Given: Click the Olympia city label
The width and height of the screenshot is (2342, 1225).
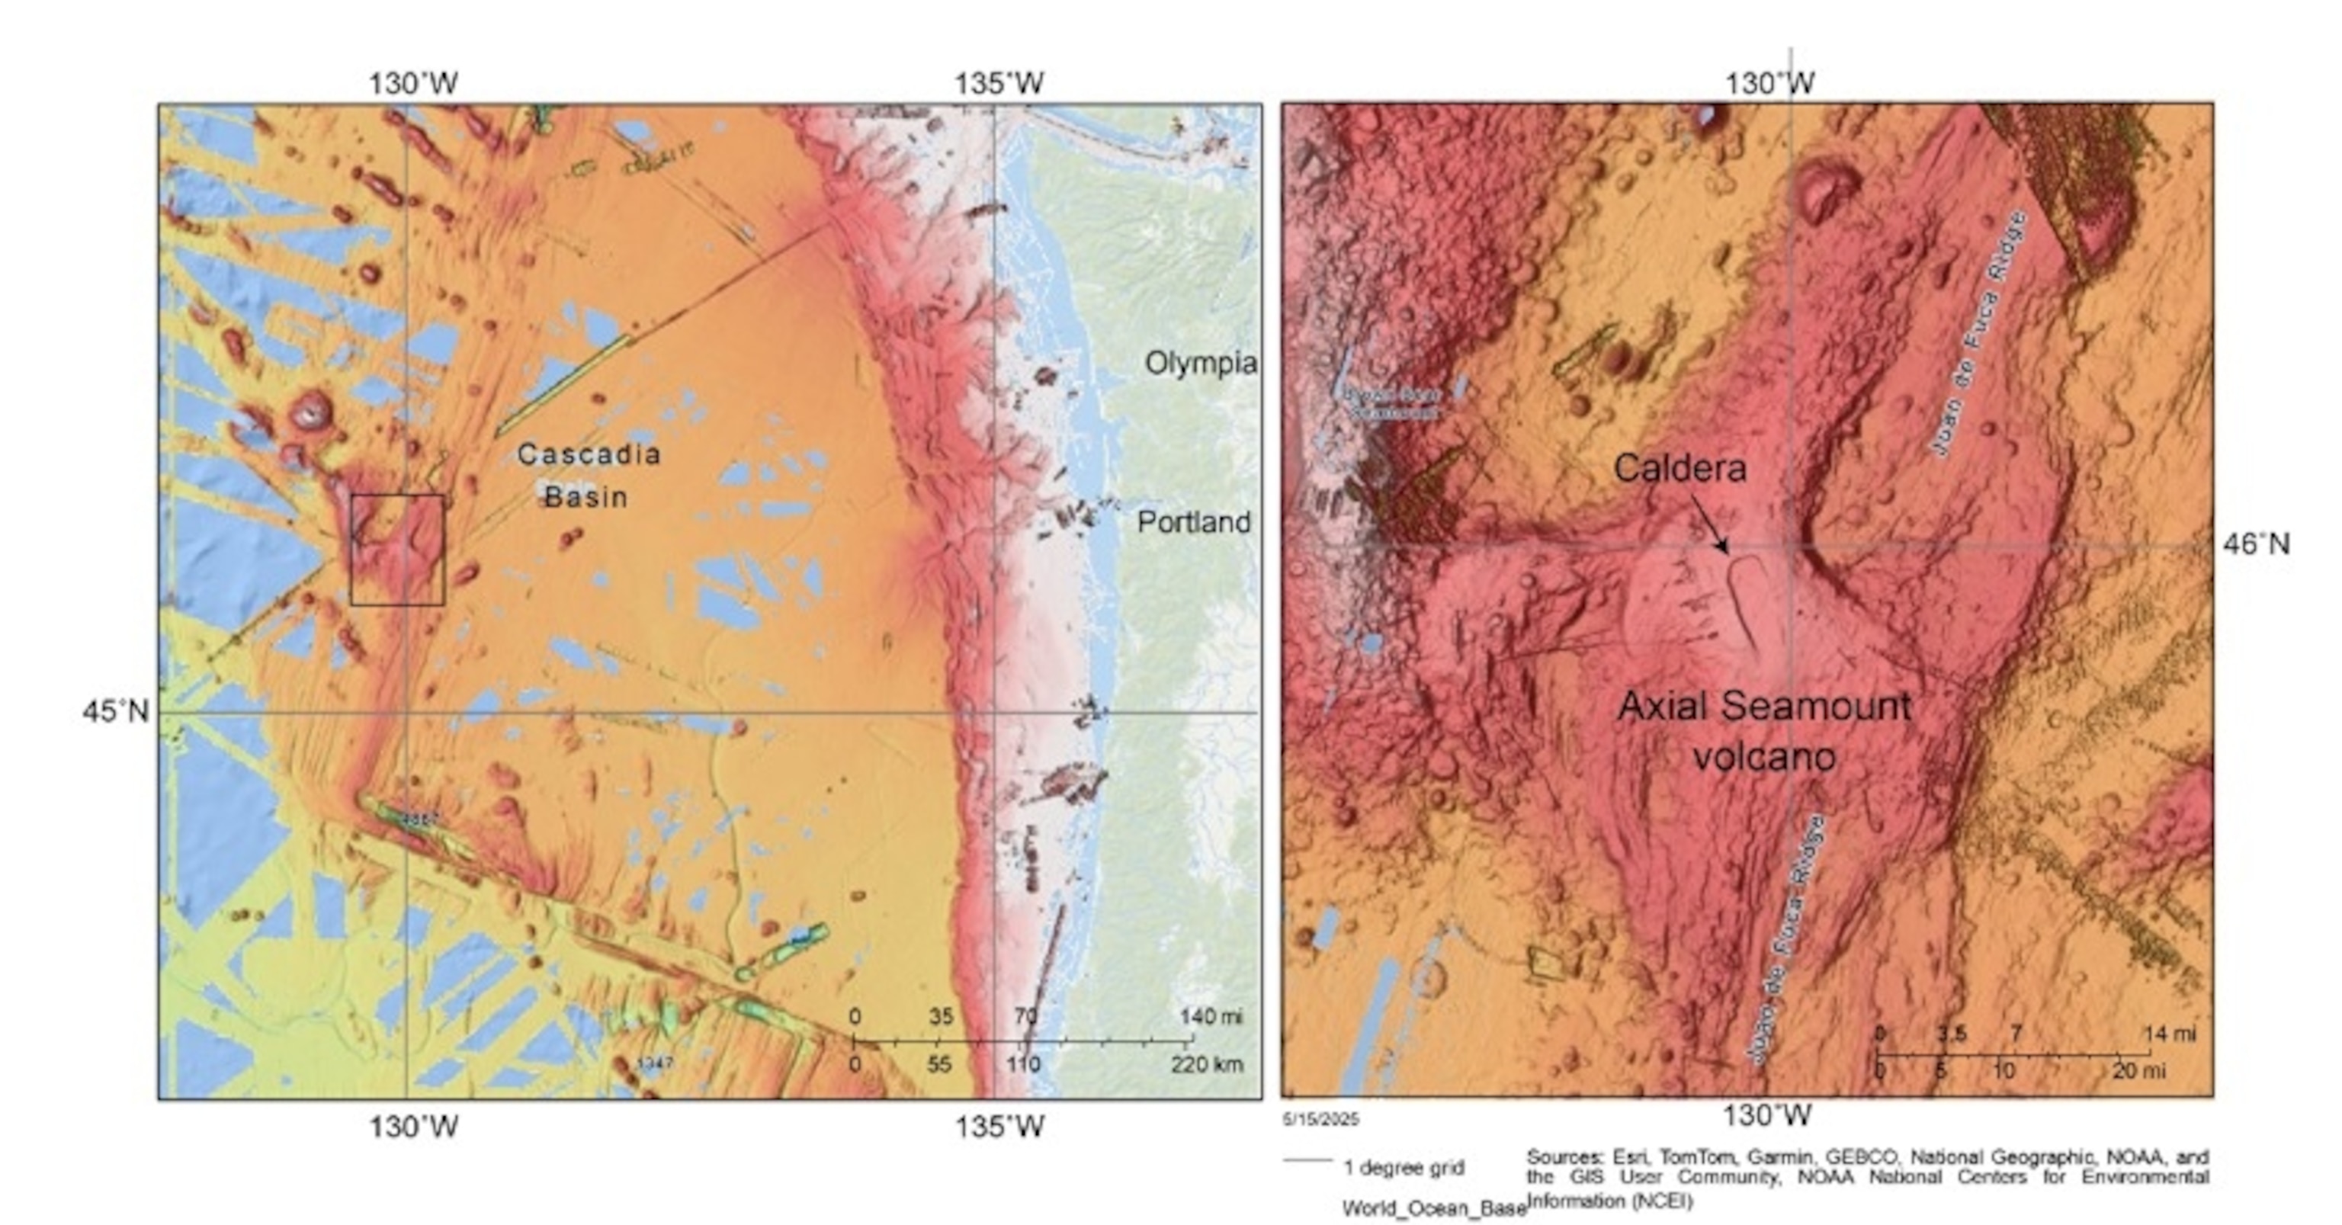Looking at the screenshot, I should (x=1200, y=364).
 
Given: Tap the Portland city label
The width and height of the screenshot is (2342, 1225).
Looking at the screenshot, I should (x=1194, y=522).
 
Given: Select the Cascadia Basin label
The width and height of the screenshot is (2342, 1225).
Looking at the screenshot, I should (x=589, y=475).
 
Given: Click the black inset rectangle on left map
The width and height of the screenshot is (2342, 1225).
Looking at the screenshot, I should (x=397, y=550).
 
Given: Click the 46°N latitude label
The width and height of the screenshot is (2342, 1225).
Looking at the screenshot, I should (x=2256, y=544).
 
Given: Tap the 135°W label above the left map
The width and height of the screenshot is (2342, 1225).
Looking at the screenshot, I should (x=998, y=84).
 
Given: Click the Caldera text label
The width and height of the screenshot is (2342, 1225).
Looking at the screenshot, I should (x=1680, y=469).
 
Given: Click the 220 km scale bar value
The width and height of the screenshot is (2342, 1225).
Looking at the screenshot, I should (x=1207, y=1064).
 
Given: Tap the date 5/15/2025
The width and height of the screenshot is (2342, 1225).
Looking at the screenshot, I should (x=1320, y=1120).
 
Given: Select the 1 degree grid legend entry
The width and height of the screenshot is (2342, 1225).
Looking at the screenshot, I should (x=1404, y=1168).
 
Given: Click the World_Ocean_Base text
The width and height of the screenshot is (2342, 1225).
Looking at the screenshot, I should (x=1434, y=1209).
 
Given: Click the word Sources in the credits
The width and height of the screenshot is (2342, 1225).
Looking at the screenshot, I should (x=1563, y=1158).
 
